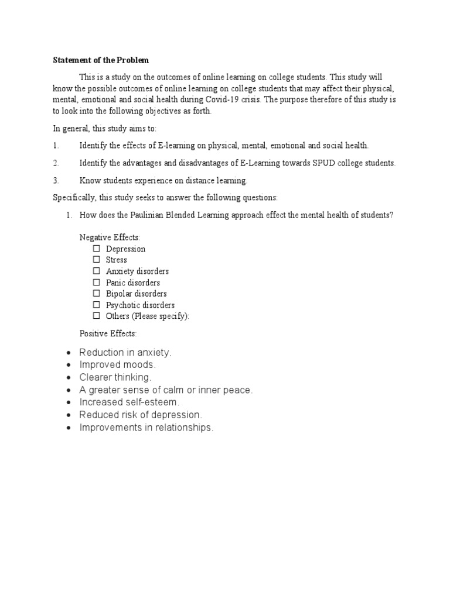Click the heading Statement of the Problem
(x=101, y=60)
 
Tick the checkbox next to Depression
(x=97, y=249)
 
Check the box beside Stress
(x=97, y=260)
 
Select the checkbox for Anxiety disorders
(x=97, y=271)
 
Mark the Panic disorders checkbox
(x=97, y=283)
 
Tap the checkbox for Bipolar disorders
(x=97, y=294)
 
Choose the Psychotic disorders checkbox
(x=97, y=305)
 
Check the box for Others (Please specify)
(x=97, y=316)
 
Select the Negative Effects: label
(x=110, y=237)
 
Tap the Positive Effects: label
(x=108, y=333)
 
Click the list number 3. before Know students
(x=56, y=180)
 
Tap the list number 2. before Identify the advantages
(x=56, y=163)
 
